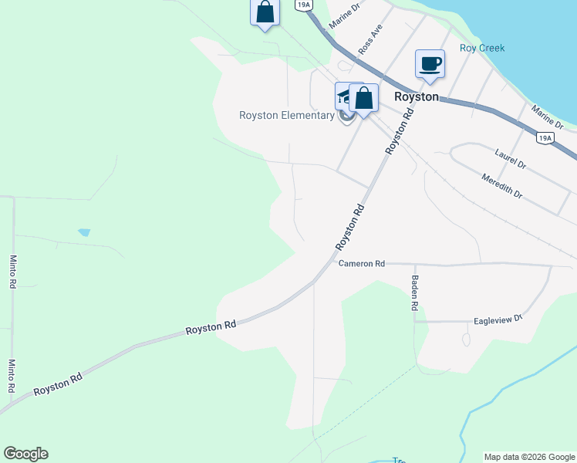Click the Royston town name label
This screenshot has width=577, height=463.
[x=416, y=97]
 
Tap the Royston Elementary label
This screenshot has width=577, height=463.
[x=286, y=116]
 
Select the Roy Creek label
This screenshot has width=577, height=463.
[x=482, y=48]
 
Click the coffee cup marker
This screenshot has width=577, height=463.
[x=430, y=64]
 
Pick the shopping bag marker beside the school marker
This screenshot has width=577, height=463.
[x=363, y=99]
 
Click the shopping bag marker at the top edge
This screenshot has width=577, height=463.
[x=265, y=12]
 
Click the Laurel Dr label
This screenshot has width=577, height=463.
[x=511, y=160]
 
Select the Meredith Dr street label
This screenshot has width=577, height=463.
[x=502, y=186]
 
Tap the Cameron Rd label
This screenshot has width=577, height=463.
[x=361, y=263]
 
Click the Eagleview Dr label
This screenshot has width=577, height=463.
[x=498, y=319]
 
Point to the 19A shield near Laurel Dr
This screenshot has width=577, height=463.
[x=545, y=138]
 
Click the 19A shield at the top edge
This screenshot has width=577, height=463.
[x=303, y=5]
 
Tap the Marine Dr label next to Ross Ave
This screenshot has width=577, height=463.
[x=344, y=15]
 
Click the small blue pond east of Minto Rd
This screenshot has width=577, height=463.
[x=84, y=231]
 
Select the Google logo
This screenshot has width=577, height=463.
[x=25, y=454]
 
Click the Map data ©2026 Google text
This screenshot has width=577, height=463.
[x=529, y=457]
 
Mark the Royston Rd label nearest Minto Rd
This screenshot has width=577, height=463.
[x=58, y=383]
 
